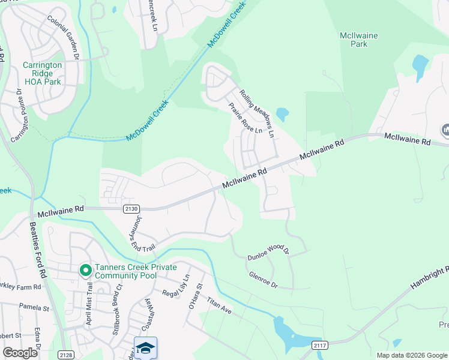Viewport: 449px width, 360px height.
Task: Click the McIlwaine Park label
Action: pos(358,40)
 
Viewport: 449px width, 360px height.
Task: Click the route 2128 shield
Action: pos(66,355)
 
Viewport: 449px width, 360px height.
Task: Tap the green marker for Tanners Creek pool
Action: pos(86,271)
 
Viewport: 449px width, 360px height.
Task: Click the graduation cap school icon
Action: pos(145,348)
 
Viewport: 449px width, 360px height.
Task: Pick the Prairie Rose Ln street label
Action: pos(245,118)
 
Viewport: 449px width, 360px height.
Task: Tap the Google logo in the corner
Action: pos(20,353)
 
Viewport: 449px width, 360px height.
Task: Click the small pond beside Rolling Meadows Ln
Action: pos(282,113)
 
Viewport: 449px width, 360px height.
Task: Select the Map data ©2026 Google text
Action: pos(411,355)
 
